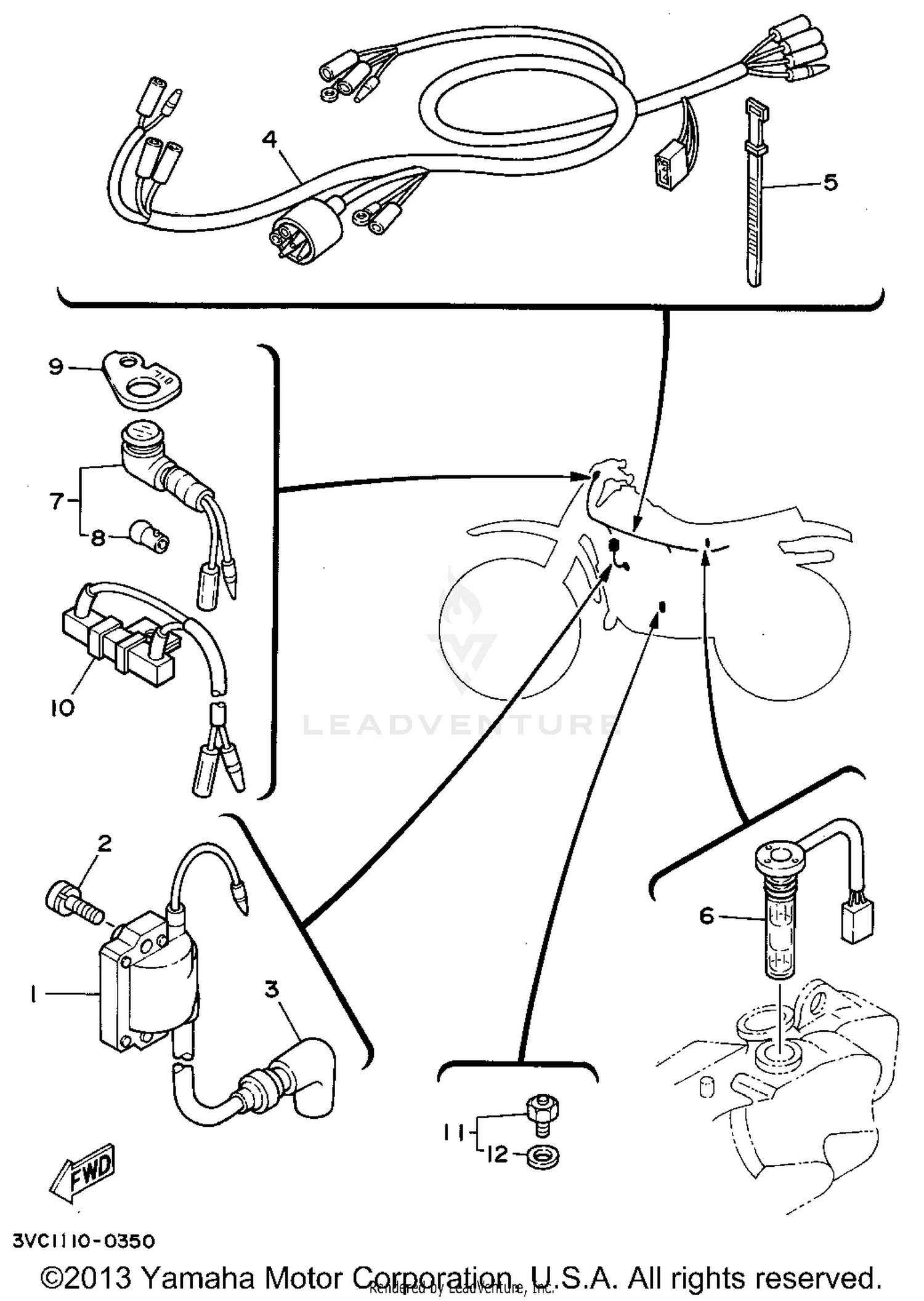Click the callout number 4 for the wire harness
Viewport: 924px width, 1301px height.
(x=269, y=140)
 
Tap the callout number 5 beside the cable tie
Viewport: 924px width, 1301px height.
(x=830, y=182)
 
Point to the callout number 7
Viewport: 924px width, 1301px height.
(x=56, y=501)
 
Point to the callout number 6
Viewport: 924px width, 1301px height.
(x=707, y=916)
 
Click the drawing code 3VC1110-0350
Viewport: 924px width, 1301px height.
(x=84, y=1242)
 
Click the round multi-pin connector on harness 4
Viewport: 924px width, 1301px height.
(x=306, y=230)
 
